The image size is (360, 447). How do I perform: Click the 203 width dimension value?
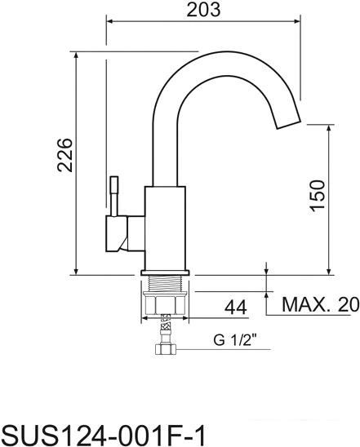click(203, 10)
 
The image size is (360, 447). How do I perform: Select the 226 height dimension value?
click(64, 155)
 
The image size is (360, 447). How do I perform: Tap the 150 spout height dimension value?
click(318, 196)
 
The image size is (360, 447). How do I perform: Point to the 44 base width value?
click(236, 308)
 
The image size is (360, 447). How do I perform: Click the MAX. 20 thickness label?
click(321, 304)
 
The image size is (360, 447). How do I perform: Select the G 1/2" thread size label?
click(235, 339)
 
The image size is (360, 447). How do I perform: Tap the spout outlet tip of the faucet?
click(288, 124)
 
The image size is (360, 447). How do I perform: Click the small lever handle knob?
click(114, 184)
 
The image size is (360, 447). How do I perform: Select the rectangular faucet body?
click(165, 228)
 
